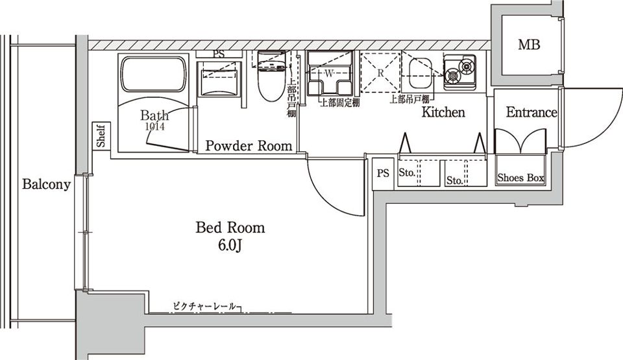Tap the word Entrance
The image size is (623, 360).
[x=531, y=112]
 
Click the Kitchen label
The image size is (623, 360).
[x=443, y=112]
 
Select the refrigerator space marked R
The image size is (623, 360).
[x=381, y=73]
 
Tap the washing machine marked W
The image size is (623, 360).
[x=329, y=74]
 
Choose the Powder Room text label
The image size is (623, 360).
[x=249, y=146]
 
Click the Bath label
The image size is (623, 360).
[x=154, y=116]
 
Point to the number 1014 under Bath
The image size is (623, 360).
[x=154, y=127]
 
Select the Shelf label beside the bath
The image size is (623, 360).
[x=102, y=136]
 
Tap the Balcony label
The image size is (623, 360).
[x=46, y=184]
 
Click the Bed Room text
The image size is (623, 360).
[x=230, y=228]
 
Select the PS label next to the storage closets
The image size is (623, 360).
[x=383, y=173]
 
